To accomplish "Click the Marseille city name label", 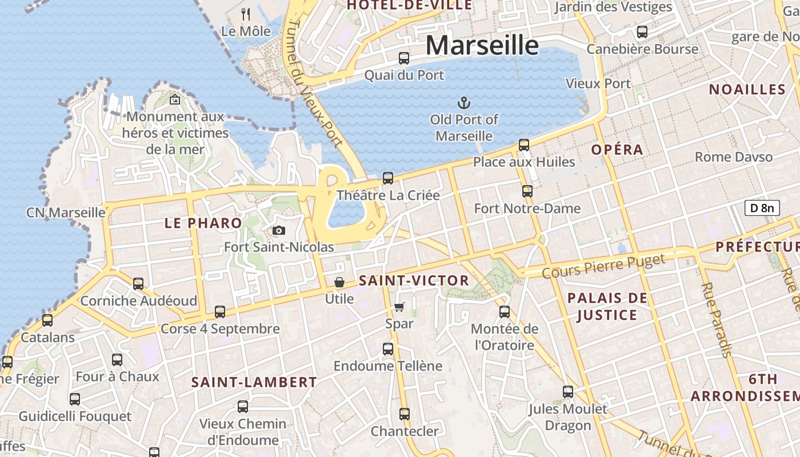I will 482,45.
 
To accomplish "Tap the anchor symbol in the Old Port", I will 464,103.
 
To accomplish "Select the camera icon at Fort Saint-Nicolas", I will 279,230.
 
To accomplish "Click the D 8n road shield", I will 762,208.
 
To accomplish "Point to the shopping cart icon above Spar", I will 399,307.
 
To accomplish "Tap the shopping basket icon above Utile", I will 339,282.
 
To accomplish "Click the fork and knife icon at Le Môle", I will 246,14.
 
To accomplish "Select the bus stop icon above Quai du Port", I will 404,58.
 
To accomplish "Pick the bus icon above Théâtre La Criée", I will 388,178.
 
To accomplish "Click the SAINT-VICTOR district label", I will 414,280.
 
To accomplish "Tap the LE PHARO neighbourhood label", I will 203,223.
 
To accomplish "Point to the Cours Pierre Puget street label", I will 603,267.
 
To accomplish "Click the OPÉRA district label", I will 617,150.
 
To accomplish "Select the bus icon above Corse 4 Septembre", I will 220,312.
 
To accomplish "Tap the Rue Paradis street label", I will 717,320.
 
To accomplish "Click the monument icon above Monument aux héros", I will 175,100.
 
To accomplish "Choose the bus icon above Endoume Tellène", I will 388,348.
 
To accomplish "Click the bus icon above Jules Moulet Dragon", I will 567,392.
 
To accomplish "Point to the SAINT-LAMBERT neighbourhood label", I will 254,382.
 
